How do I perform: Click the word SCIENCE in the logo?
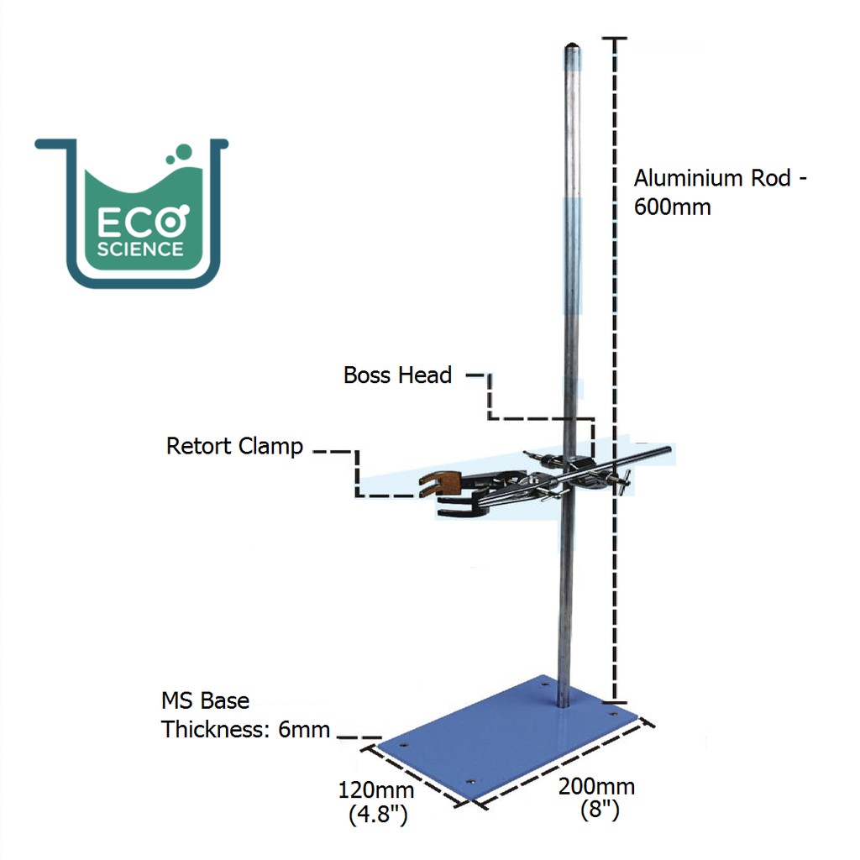coord(139,249)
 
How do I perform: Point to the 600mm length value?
coord(672,207)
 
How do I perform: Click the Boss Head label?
coord(397,375)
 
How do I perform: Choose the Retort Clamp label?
coord(234,445)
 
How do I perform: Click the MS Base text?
coord(205,700)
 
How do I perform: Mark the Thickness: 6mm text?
coord(245,729)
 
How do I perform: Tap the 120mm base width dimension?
coord(375,790)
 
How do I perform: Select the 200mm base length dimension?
coord(596,787)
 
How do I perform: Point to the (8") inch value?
coord(600,810)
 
